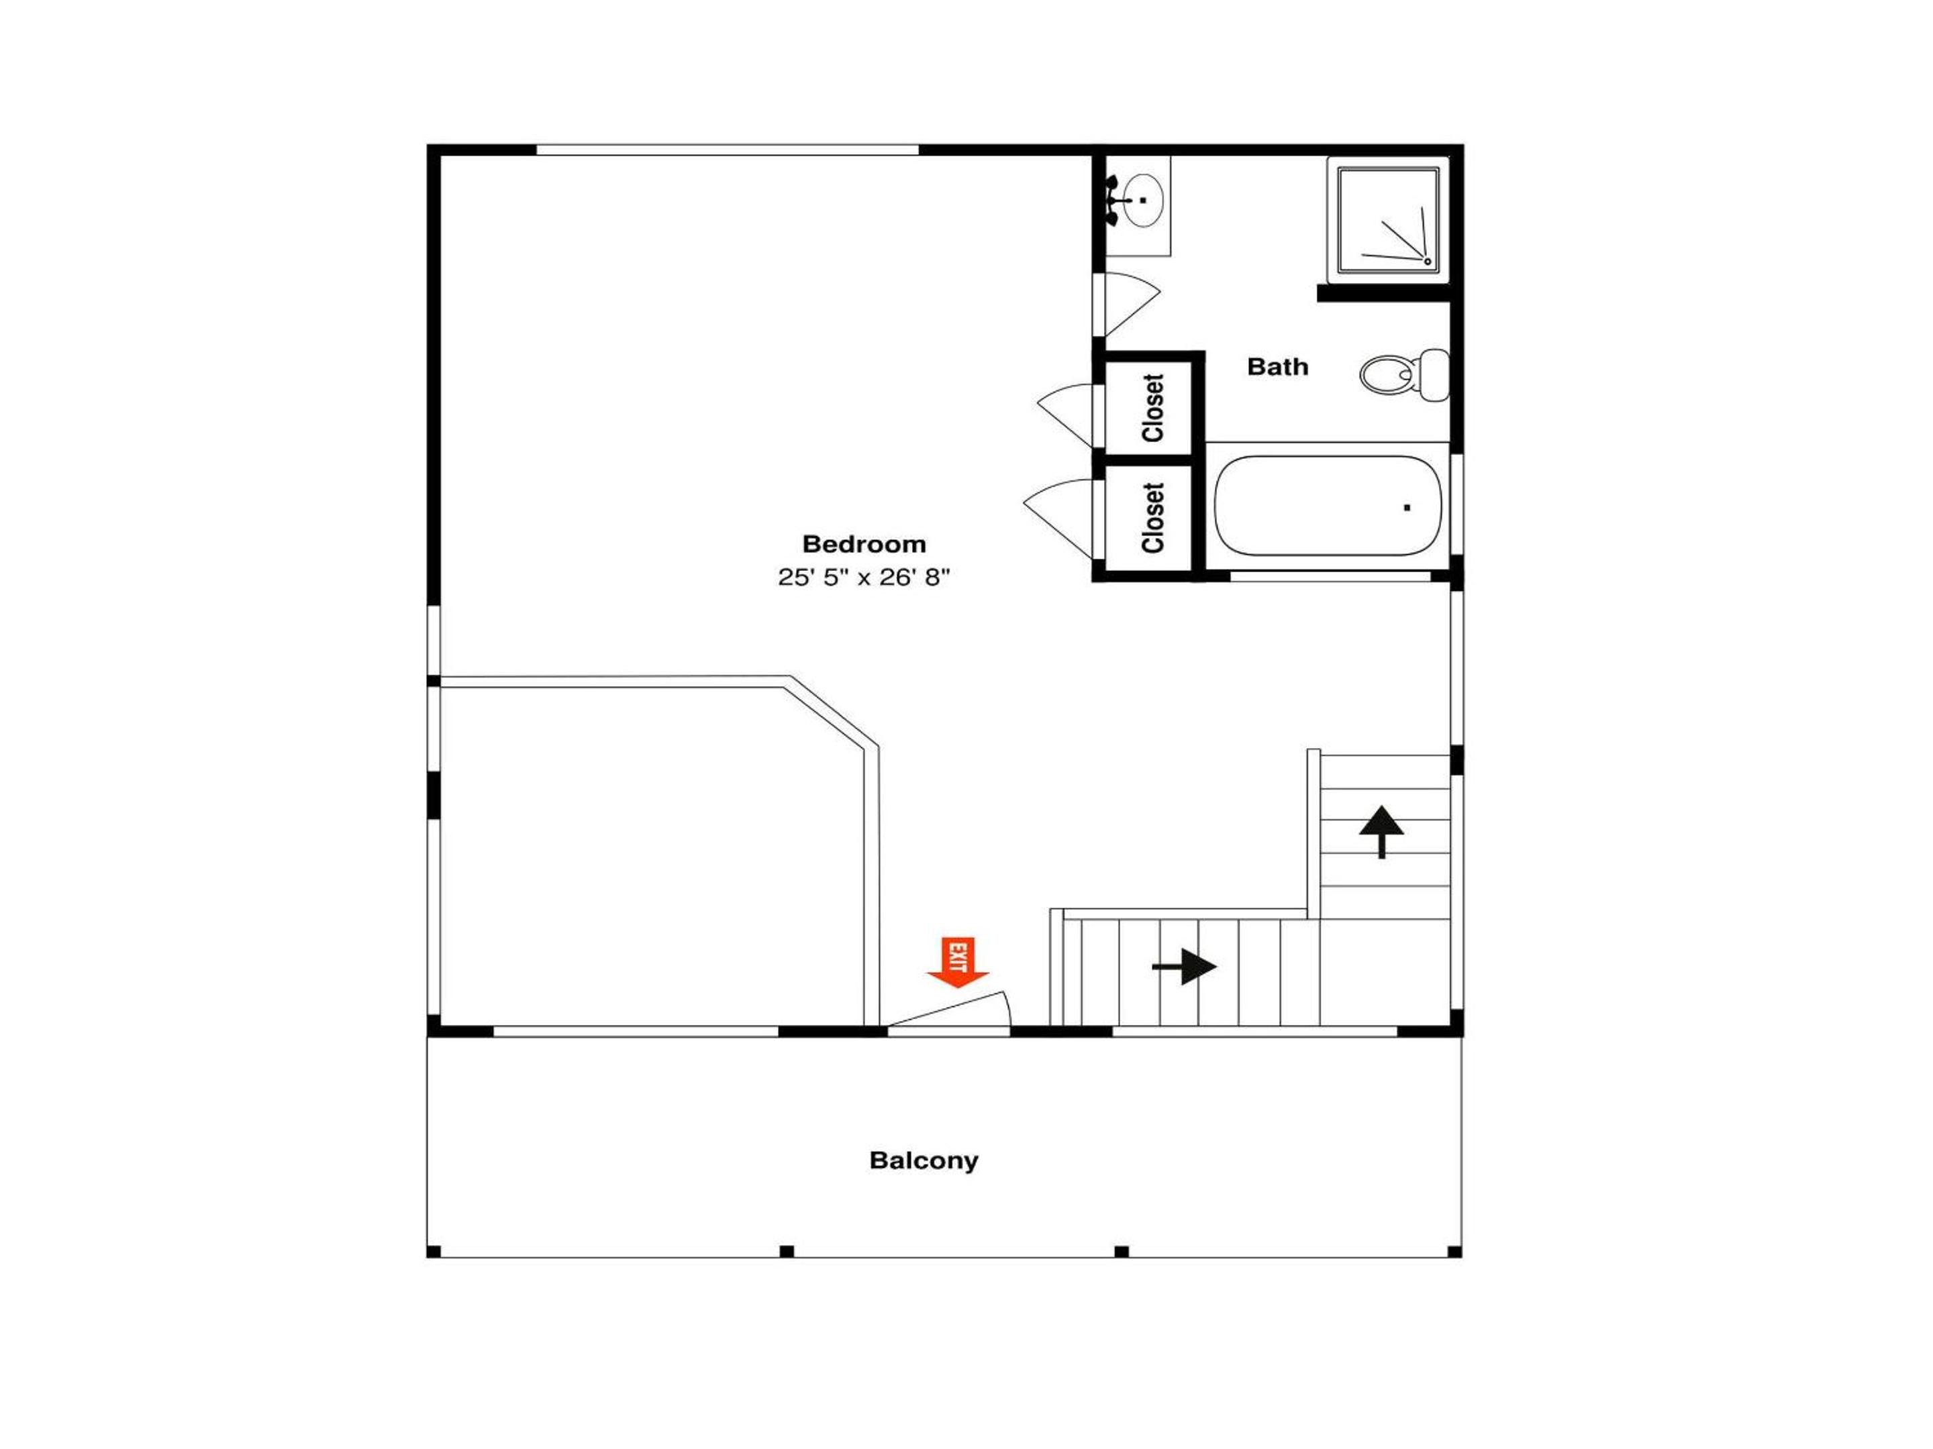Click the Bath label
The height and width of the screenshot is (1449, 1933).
[1278, 367]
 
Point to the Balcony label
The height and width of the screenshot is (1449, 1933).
[924, 1161]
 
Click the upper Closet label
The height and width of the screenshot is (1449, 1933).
[1152, 408]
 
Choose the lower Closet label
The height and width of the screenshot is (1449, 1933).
[1152, 518]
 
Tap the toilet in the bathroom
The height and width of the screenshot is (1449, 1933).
[1404, 375]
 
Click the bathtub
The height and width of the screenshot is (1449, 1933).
[1328, 506]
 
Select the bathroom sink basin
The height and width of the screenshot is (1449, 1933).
[1142, 200]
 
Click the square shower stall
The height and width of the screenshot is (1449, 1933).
[1388, 220]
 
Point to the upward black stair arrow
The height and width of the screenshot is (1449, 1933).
[1381, 831]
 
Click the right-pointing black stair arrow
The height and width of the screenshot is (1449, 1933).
[1184, 967]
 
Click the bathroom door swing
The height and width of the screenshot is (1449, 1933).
[1132, 304]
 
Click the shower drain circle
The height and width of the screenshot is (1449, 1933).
[1428, 261]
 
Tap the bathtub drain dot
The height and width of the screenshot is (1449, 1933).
[1407, 507]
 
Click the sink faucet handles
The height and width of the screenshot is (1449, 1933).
[1111, 200]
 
